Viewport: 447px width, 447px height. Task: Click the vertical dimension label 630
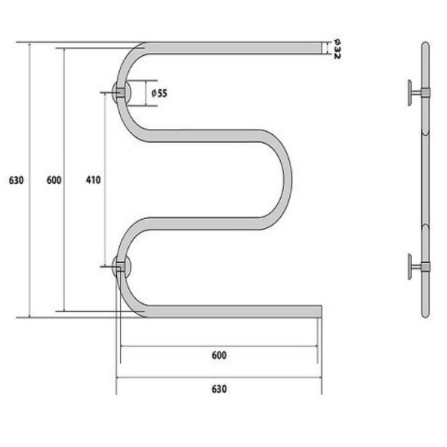click(16, 180)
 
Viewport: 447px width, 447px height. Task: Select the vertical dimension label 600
click(54, 180)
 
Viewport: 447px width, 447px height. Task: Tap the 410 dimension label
click(93, 180)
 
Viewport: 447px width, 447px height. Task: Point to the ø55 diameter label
click(159, 93)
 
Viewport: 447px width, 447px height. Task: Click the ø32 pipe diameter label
click(337, 48)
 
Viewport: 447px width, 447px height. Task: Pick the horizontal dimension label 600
click(219, 355)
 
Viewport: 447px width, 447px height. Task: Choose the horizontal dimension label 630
click(219, 389)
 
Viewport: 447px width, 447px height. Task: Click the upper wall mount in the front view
click(121, 92)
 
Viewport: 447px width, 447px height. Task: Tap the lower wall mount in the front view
click(121, 266)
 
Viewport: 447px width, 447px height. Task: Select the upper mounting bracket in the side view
click(419, 92)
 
